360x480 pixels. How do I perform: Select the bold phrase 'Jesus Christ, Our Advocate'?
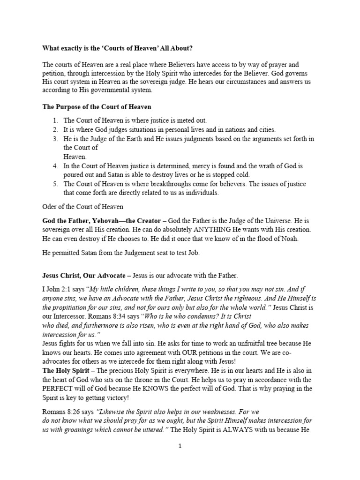[x=85, y=275]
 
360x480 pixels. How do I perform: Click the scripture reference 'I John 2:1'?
[x=57, y=289]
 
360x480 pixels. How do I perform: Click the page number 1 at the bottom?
[x=180, y=446]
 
